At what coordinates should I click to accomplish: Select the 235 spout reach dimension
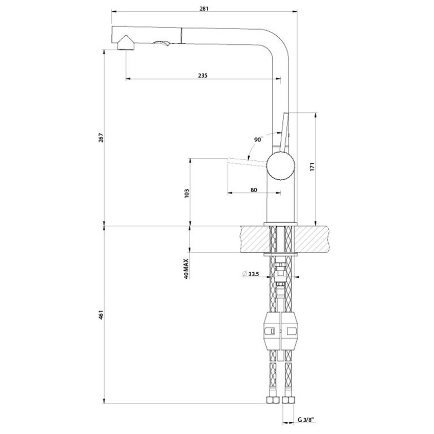tap(203, 75)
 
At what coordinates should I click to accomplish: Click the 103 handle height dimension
tap(187, 192)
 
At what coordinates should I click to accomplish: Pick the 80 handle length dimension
tap(254, 190)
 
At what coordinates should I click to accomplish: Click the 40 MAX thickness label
tap(187, 268)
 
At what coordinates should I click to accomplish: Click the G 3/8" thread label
tap(305, 420)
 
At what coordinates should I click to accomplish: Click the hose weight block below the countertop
tap(281, 332)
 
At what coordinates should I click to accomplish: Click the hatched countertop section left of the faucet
tap(253, 238)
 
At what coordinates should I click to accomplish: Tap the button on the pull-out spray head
tap(161, 45)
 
